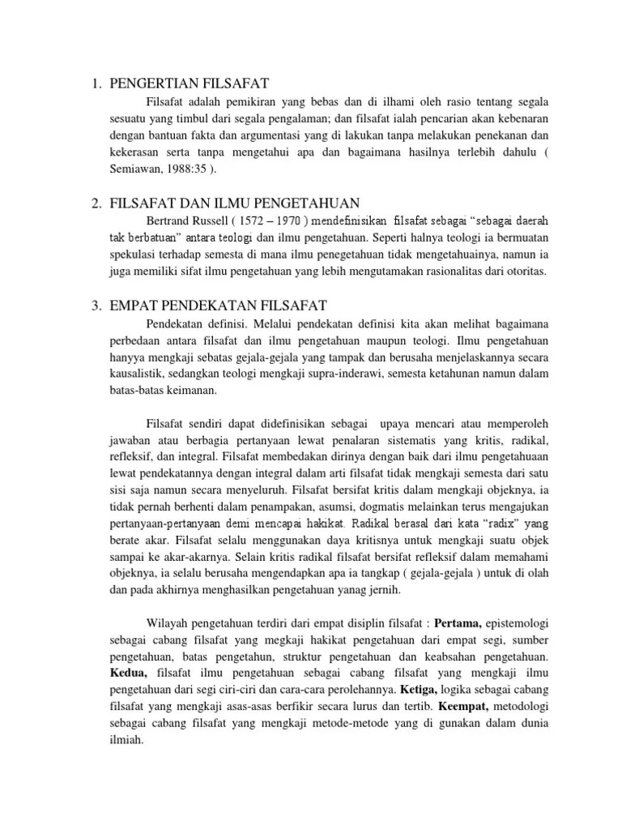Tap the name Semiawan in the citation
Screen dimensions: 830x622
143,169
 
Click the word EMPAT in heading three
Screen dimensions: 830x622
134,305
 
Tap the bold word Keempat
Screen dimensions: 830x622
466,708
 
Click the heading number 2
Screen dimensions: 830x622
95,203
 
